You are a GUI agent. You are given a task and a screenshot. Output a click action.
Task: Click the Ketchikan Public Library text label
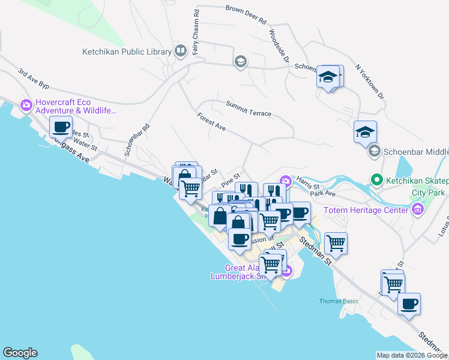127,52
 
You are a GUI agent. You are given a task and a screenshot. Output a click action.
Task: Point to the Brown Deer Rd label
246,14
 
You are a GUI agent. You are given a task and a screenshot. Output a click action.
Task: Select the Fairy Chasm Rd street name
196,33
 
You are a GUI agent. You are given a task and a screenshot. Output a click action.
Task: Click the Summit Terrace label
249,109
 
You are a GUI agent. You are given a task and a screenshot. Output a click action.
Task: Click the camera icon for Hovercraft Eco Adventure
26,106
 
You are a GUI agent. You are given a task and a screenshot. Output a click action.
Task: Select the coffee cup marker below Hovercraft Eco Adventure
61,128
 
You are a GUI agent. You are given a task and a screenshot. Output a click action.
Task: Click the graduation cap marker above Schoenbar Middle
365,133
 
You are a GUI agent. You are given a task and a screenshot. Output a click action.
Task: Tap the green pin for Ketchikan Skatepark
376,179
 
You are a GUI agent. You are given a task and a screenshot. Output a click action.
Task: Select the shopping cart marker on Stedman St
336,244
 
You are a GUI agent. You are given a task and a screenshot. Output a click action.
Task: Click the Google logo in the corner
19,353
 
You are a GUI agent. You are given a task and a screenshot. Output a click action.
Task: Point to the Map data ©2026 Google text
411,355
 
